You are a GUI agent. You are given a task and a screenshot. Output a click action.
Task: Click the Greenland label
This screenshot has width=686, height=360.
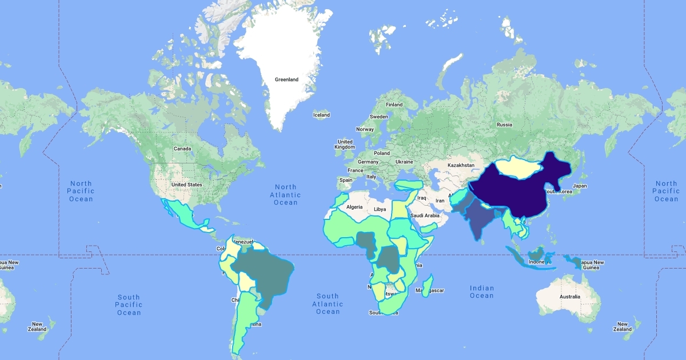(x=286, y=79)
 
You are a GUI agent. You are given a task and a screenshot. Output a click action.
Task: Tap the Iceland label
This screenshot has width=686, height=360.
(x=321, y=115)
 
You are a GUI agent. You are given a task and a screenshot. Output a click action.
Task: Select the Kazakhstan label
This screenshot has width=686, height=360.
(x=461, y=165)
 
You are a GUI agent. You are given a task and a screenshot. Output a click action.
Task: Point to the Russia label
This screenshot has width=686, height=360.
(x=504, y=125)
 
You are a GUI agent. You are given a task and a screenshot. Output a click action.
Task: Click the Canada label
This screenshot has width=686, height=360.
(x=182, y=149)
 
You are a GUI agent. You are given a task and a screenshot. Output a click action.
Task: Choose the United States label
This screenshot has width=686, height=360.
(x=187, y=185)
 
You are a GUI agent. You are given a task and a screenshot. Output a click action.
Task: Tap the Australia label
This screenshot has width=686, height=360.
(x=570, y=297)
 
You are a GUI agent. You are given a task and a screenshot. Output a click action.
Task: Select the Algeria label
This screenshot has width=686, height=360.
(x=355, y=206)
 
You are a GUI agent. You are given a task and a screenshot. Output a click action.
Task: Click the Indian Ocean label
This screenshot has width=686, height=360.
(x=481, y=291)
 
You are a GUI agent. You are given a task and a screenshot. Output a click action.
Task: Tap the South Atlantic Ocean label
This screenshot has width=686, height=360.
(x=328, y=303)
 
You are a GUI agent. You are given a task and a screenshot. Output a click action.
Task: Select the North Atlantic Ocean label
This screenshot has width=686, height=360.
(x=285, y=194)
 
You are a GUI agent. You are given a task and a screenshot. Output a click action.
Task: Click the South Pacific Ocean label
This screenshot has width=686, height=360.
(x=129, y=305)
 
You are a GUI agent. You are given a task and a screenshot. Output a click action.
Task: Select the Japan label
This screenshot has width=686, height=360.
(x=580, y=186)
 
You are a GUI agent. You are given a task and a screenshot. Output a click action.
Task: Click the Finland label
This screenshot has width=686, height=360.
(x=394, y=105)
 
